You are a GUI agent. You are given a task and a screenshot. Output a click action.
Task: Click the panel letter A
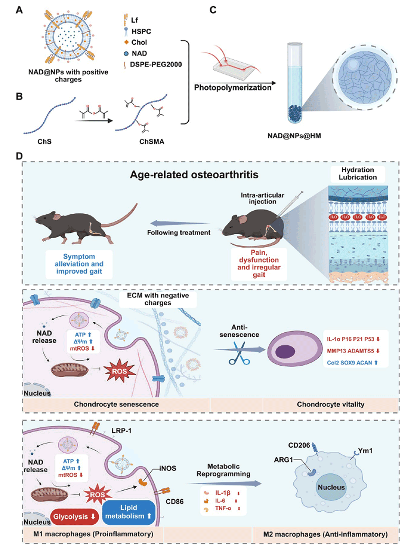click(x=19, y=10)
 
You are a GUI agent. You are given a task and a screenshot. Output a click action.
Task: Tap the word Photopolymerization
click(x=232, y=88)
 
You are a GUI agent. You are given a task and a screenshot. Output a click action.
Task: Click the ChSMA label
click(x=152, y=142)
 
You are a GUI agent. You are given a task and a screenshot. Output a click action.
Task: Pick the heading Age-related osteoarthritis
click(x=194, y=175)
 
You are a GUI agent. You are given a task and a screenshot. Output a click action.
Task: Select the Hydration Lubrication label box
click(x=358, y=174)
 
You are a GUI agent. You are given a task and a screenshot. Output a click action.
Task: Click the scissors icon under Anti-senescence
click(x=239, y=354)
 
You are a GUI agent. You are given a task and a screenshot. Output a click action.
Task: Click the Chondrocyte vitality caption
click(x=330, y=404)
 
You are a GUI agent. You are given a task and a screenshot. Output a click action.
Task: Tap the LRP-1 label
click(x=121, y=431)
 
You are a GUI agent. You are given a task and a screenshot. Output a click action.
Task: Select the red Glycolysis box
click(x=75, y=517)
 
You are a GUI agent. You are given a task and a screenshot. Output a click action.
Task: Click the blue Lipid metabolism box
click(x=128, y=512)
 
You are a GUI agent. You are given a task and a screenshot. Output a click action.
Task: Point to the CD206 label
click(x=299, y=445)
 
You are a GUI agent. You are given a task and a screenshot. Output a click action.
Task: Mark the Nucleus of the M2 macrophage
click(x=331, y=488)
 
